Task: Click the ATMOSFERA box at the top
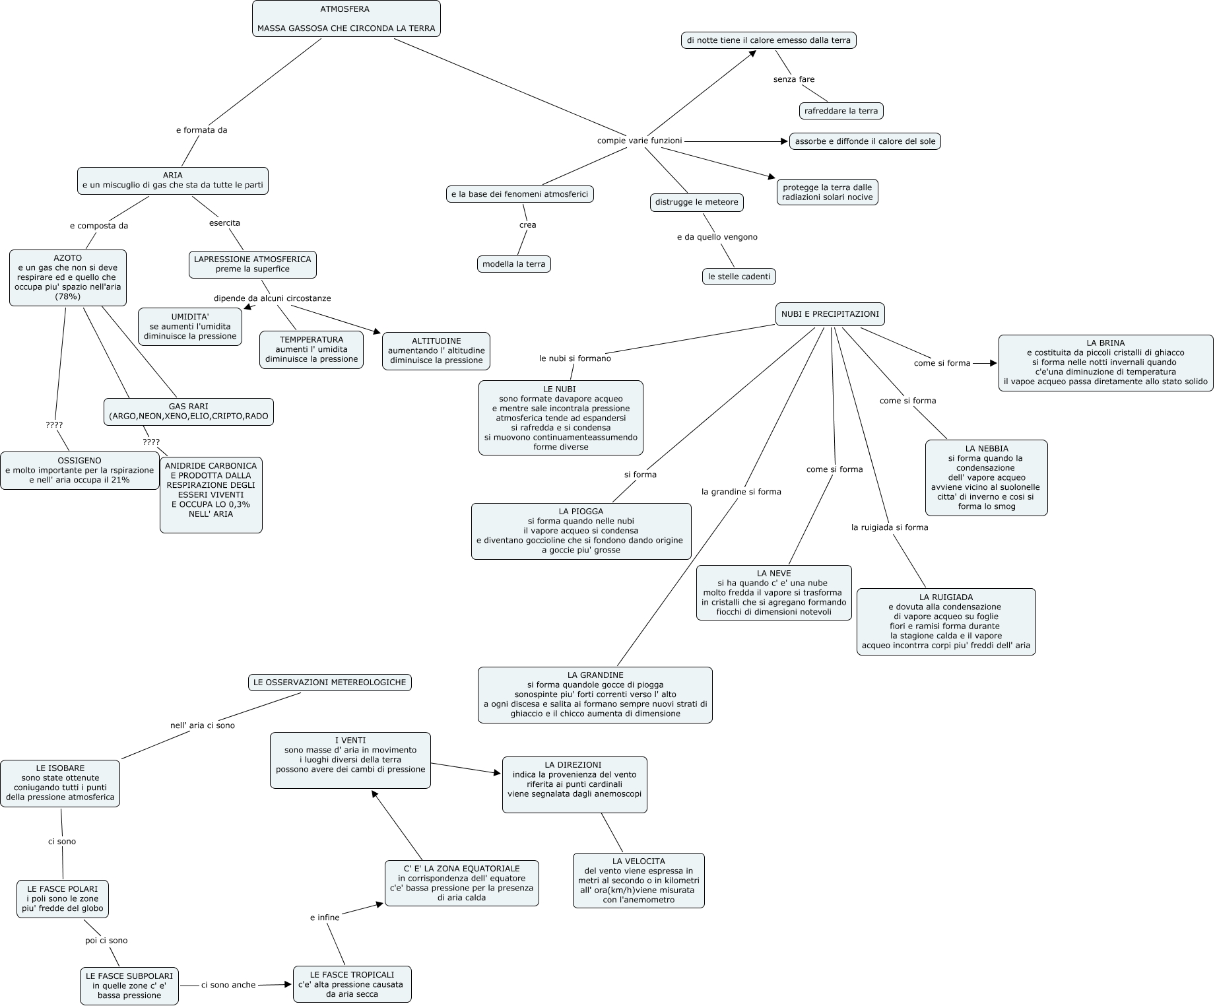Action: pyautogui.click(x=346, y=19)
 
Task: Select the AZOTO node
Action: pyautogui.click(x=68, y=277)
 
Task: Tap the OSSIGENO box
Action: pyautogui.click(x=80, y=470)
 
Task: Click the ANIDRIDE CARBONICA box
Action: pyautogui.click(x=211, y=494)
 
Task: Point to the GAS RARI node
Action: pyautogui.click(x=189, y=411)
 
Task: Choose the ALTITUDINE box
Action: pyautogui.click(x=436, y=351)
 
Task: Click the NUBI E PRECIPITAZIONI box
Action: pyautogui.click(x=830, y=314)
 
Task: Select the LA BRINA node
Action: pyautogui.click(x=1105, y=362)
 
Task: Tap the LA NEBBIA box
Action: pyautogui.click(x=987, y=477)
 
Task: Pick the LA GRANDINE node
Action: pyautogui.click(x=595, y=694)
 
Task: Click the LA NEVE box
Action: pyautogui.click(x=774, y=592)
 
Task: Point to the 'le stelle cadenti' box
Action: pyautogui.click(x=739, y=277)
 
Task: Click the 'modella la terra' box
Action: pyautogui.click(x=514, y=264)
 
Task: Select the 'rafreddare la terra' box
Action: pyautogui.click(x=841, y=111)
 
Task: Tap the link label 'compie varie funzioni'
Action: pyautogui.click(x=640, y=141)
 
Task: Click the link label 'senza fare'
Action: pyautogui.click(x=794, y=79)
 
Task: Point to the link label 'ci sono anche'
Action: pyautogui.click(x=228, y=985)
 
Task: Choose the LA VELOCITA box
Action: pyautogui.click(x=639, y=880)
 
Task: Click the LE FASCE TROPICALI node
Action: pyautogui.click(x=352, y=984)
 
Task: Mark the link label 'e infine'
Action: pyautogui.click(x=325, y=918)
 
